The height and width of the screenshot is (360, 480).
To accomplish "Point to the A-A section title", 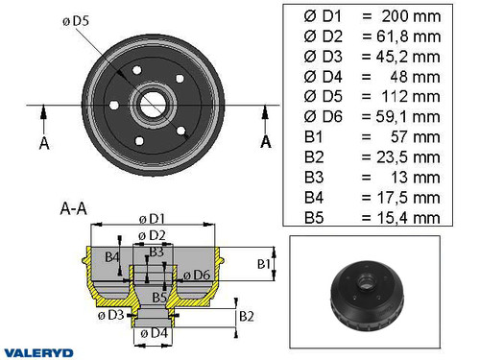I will [76, 207].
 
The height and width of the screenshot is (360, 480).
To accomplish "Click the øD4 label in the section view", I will [152, 333].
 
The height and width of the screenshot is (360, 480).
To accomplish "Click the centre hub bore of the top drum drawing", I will [152, 101].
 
